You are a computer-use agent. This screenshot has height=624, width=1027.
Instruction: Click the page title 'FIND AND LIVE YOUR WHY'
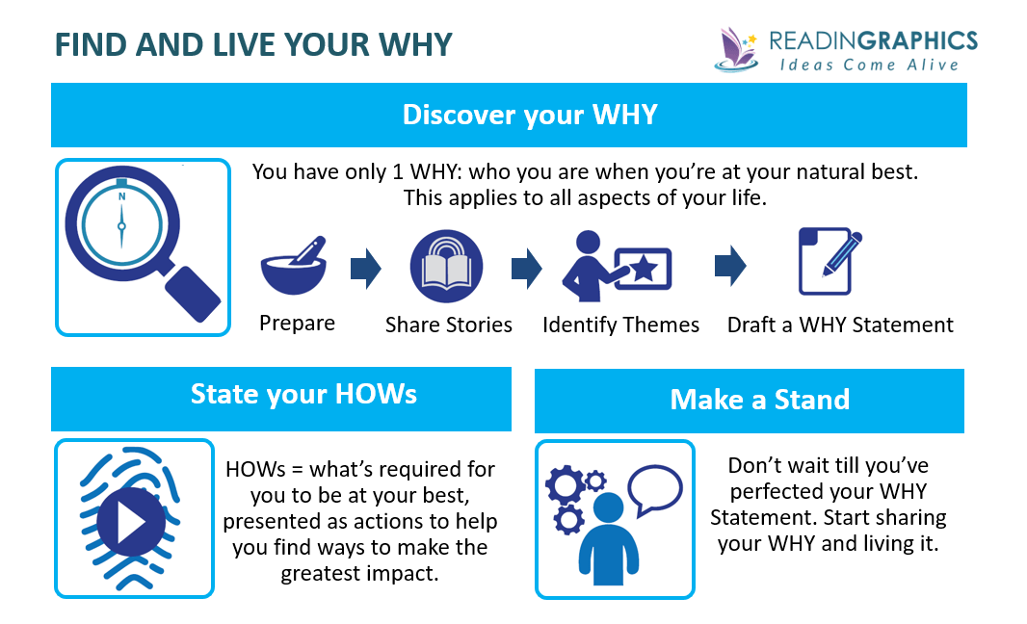[x=252, y=45]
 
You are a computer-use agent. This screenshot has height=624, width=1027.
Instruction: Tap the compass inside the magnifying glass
[x=121, y=224]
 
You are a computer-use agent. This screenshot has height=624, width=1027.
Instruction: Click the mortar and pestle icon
[x=292, y=267]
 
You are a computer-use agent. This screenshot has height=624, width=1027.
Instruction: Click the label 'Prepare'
[x=297, y=324]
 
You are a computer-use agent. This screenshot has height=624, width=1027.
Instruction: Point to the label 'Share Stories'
[x=448, y=325]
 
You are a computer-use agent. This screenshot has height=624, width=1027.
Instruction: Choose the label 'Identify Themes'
[x=620, y=325]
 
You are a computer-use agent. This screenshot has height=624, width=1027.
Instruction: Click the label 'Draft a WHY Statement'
[x=840, y=325]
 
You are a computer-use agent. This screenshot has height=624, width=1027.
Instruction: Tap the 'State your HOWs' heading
[x=303, y=395]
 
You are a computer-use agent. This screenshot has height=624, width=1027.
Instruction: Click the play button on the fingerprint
[x=127, y=520]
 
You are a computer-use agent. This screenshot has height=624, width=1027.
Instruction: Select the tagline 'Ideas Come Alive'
[x=869, y=65]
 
